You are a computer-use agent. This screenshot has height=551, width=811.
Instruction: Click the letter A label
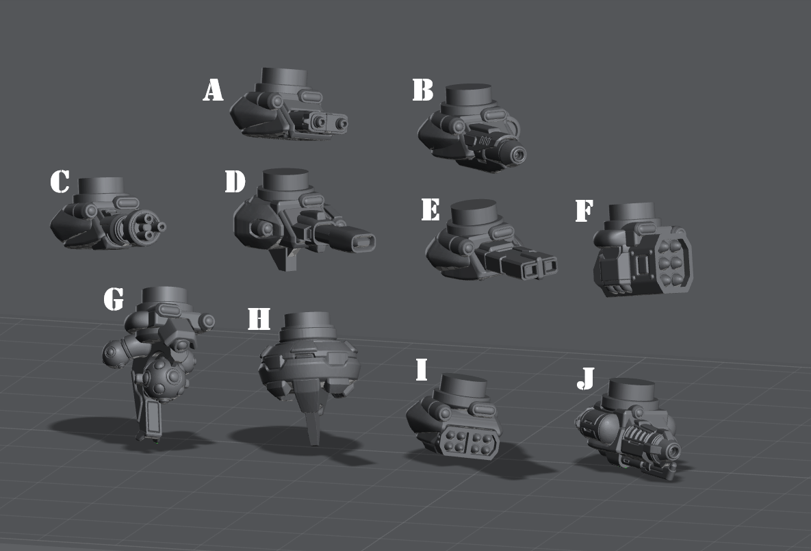[213, 90]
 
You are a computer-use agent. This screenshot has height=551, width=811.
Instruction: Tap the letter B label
[422, 90]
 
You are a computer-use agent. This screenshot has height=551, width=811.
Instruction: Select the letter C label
[60, 181]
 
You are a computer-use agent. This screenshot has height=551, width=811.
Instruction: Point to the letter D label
[235, 181]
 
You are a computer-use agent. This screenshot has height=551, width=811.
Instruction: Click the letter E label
[431, 209]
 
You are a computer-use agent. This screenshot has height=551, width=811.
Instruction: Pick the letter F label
[584, 211]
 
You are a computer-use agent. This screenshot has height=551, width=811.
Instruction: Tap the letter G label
[114, 298]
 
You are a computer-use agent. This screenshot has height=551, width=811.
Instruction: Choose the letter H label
[259, 318]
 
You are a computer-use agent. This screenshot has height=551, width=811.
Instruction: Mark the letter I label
[422, 370]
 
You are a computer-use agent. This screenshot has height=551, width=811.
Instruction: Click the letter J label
[585, 379]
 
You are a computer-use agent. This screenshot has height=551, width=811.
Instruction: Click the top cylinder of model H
[306, 325]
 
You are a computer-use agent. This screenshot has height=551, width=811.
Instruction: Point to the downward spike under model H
[311, 412]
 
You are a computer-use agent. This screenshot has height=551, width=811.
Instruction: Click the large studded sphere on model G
[164, 381]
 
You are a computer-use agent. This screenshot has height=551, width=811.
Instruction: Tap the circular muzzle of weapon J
[673, 451]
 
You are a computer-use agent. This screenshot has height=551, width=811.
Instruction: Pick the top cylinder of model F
[632, 213]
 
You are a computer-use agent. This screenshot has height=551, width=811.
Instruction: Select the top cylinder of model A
[284, 77]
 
